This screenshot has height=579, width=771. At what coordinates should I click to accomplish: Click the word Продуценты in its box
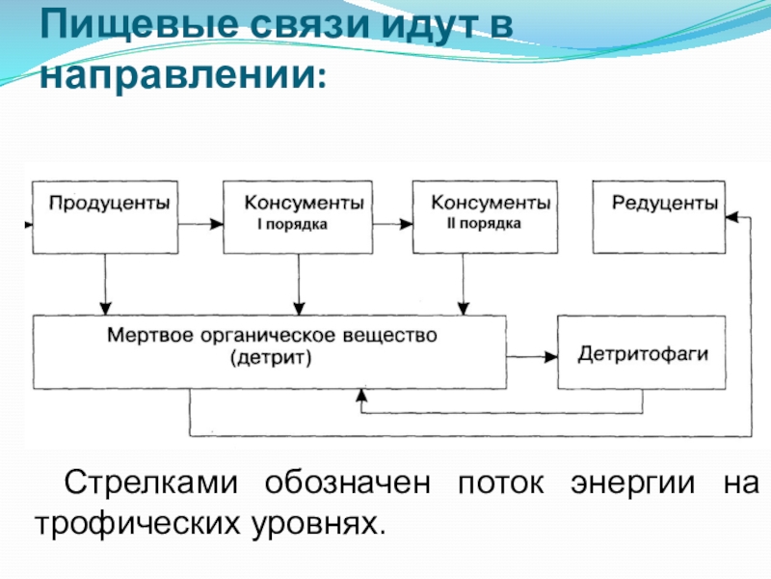[109, 203]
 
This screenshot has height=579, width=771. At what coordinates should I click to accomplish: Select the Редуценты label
[665, 203]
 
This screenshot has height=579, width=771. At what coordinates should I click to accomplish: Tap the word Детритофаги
[643, 354]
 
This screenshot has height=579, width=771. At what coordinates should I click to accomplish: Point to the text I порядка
[293, 225]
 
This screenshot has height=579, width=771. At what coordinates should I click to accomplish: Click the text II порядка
[484, 224]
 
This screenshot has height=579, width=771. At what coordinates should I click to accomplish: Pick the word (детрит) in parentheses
[271, 357]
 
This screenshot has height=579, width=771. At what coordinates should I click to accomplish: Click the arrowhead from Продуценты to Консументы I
[216, 224]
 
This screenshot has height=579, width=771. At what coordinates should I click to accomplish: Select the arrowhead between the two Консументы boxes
[406, 224]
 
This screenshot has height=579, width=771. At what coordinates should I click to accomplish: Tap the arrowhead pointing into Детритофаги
[551, 357]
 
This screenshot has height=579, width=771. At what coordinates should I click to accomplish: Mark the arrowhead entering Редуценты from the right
[732, 216]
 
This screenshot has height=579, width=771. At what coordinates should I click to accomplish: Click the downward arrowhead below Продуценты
[105, 309]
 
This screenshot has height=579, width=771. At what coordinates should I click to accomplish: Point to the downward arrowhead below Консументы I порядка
[299, 309]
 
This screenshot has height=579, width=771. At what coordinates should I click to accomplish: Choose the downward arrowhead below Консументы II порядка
[464, 309]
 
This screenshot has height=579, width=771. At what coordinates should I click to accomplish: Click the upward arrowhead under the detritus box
[362, 396]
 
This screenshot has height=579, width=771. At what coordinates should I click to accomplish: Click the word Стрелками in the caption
[151, 483]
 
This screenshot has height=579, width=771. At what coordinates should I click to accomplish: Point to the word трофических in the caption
[138, 524]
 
